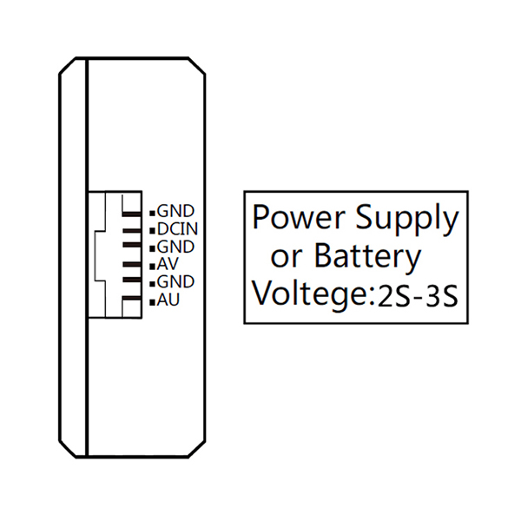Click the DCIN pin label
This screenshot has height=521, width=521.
pyautogui.click(x=179, y=229)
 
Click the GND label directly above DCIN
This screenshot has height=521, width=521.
pyautogui.click(x=175, y=211)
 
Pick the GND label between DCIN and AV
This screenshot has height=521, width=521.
pyautogui.click(x=175, y=247)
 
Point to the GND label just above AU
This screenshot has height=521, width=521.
pyautogui.click(x=175, y=282)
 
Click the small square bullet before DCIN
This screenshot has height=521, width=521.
pyautogui.click(x=152, y=230)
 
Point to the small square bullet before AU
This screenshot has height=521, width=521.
pyautogui.click(x=152, y=301)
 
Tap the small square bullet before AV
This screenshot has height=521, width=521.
pyautogui.click(x=152, y=266)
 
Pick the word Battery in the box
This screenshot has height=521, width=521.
pyautogui.click(x=367, y=258)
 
